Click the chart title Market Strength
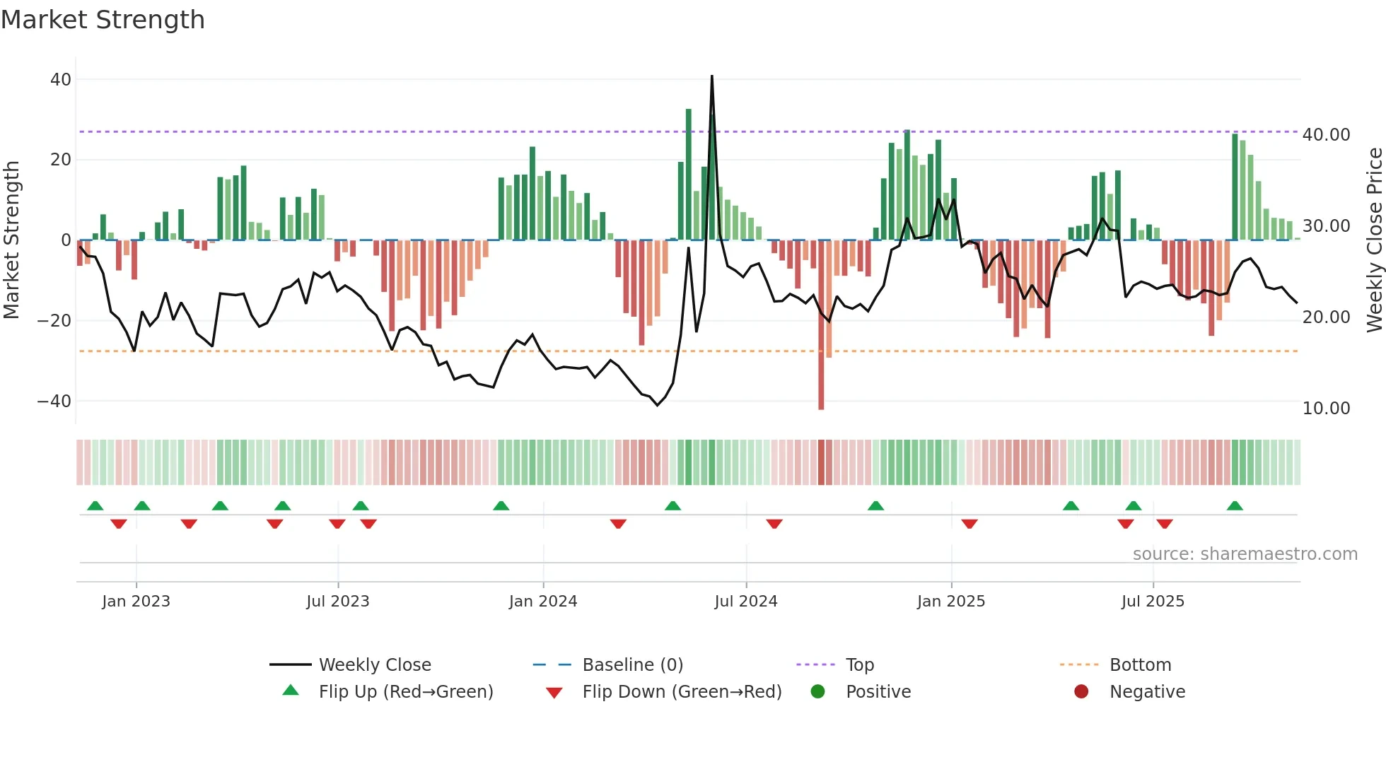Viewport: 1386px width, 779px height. coord(103,20)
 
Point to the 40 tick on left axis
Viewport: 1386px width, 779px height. coord(61,80)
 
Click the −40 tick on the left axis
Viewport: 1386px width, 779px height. coord(54,402)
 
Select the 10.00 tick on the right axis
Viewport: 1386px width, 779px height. coord(1326,409)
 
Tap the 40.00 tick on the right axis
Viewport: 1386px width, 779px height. coord(1326,134)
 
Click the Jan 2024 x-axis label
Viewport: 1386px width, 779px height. coord(542,602)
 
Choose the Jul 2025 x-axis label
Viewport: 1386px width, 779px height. coord(1152,602)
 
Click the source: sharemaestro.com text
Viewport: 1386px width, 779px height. coord(1245,554)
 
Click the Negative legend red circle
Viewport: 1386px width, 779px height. coord(1081,692)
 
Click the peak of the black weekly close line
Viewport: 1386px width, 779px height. coord(711,76)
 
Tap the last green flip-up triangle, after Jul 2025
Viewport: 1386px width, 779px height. coord(1235,506)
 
